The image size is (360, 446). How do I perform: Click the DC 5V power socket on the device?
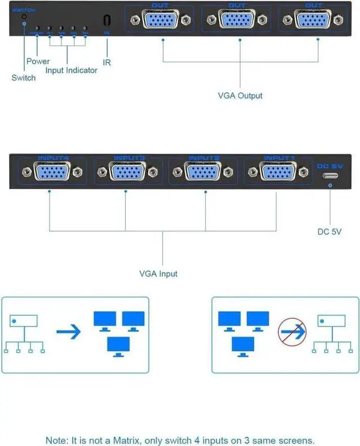pyautogui.click(x=330, y=175)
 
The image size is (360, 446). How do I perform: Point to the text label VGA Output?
pyautogui.click(x=240, y=96)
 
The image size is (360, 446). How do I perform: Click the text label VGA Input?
pyautogui.click(x=158, y=274)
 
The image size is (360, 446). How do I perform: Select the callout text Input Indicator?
pyautogui.click(x=71, y=70)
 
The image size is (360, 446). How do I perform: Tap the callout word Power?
pyautogui.click(x=38, y=61)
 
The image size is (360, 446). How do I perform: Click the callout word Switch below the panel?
pyautogui.click(x=23, y=78)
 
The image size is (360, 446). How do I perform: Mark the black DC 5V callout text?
pyautogui.click(x=330, y=231)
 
